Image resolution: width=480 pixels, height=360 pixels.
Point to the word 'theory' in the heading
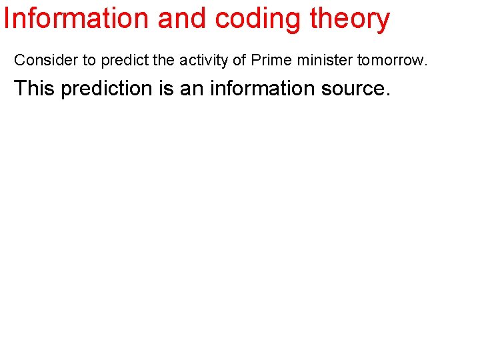pos(349,20)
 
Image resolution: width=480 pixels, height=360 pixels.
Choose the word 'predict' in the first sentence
pos(125,60)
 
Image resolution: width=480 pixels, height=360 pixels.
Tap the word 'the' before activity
pos(164,60)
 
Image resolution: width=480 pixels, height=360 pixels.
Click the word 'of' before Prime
pos(238,60)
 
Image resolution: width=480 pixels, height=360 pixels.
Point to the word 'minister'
pos(324,60)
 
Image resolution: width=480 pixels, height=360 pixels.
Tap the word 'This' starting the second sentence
pos(35,88)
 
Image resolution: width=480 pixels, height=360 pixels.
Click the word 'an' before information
pos(192,89)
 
